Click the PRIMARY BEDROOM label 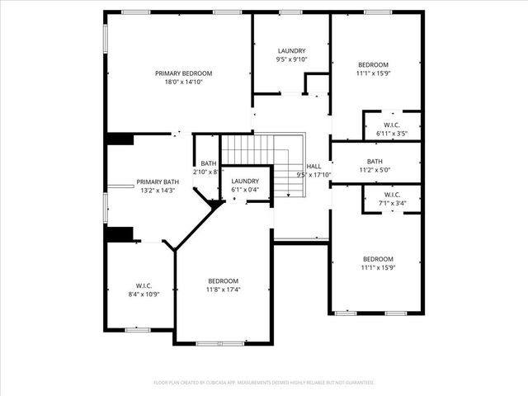click(x=184, y=73)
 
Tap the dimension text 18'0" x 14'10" click(x=184, y=82)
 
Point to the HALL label click(x=314, y=166)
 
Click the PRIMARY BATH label click(x=158, y=181)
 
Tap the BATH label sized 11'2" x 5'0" click(x=375, y=161)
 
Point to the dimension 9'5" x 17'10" click(x=314, y=174)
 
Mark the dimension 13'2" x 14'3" click(x=158, y=191)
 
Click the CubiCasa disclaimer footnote click(x=264, y=383)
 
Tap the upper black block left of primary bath click(x=120, y=139)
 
